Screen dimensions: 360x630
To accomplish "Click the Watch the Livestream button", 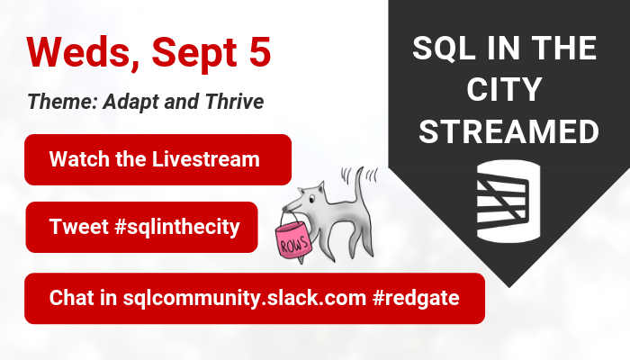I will tap(157, 159).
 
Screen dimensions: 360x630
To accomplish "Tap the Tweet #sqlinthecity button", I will tap(141, 227).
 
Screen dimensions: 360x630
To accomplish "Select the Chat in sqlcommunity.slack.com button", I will tap(255, 298).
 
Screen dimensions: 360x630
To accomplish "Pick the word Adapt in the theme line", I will tap(133, 102).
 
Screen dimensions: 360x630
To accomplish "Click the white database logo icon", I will tap(508, 197).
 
